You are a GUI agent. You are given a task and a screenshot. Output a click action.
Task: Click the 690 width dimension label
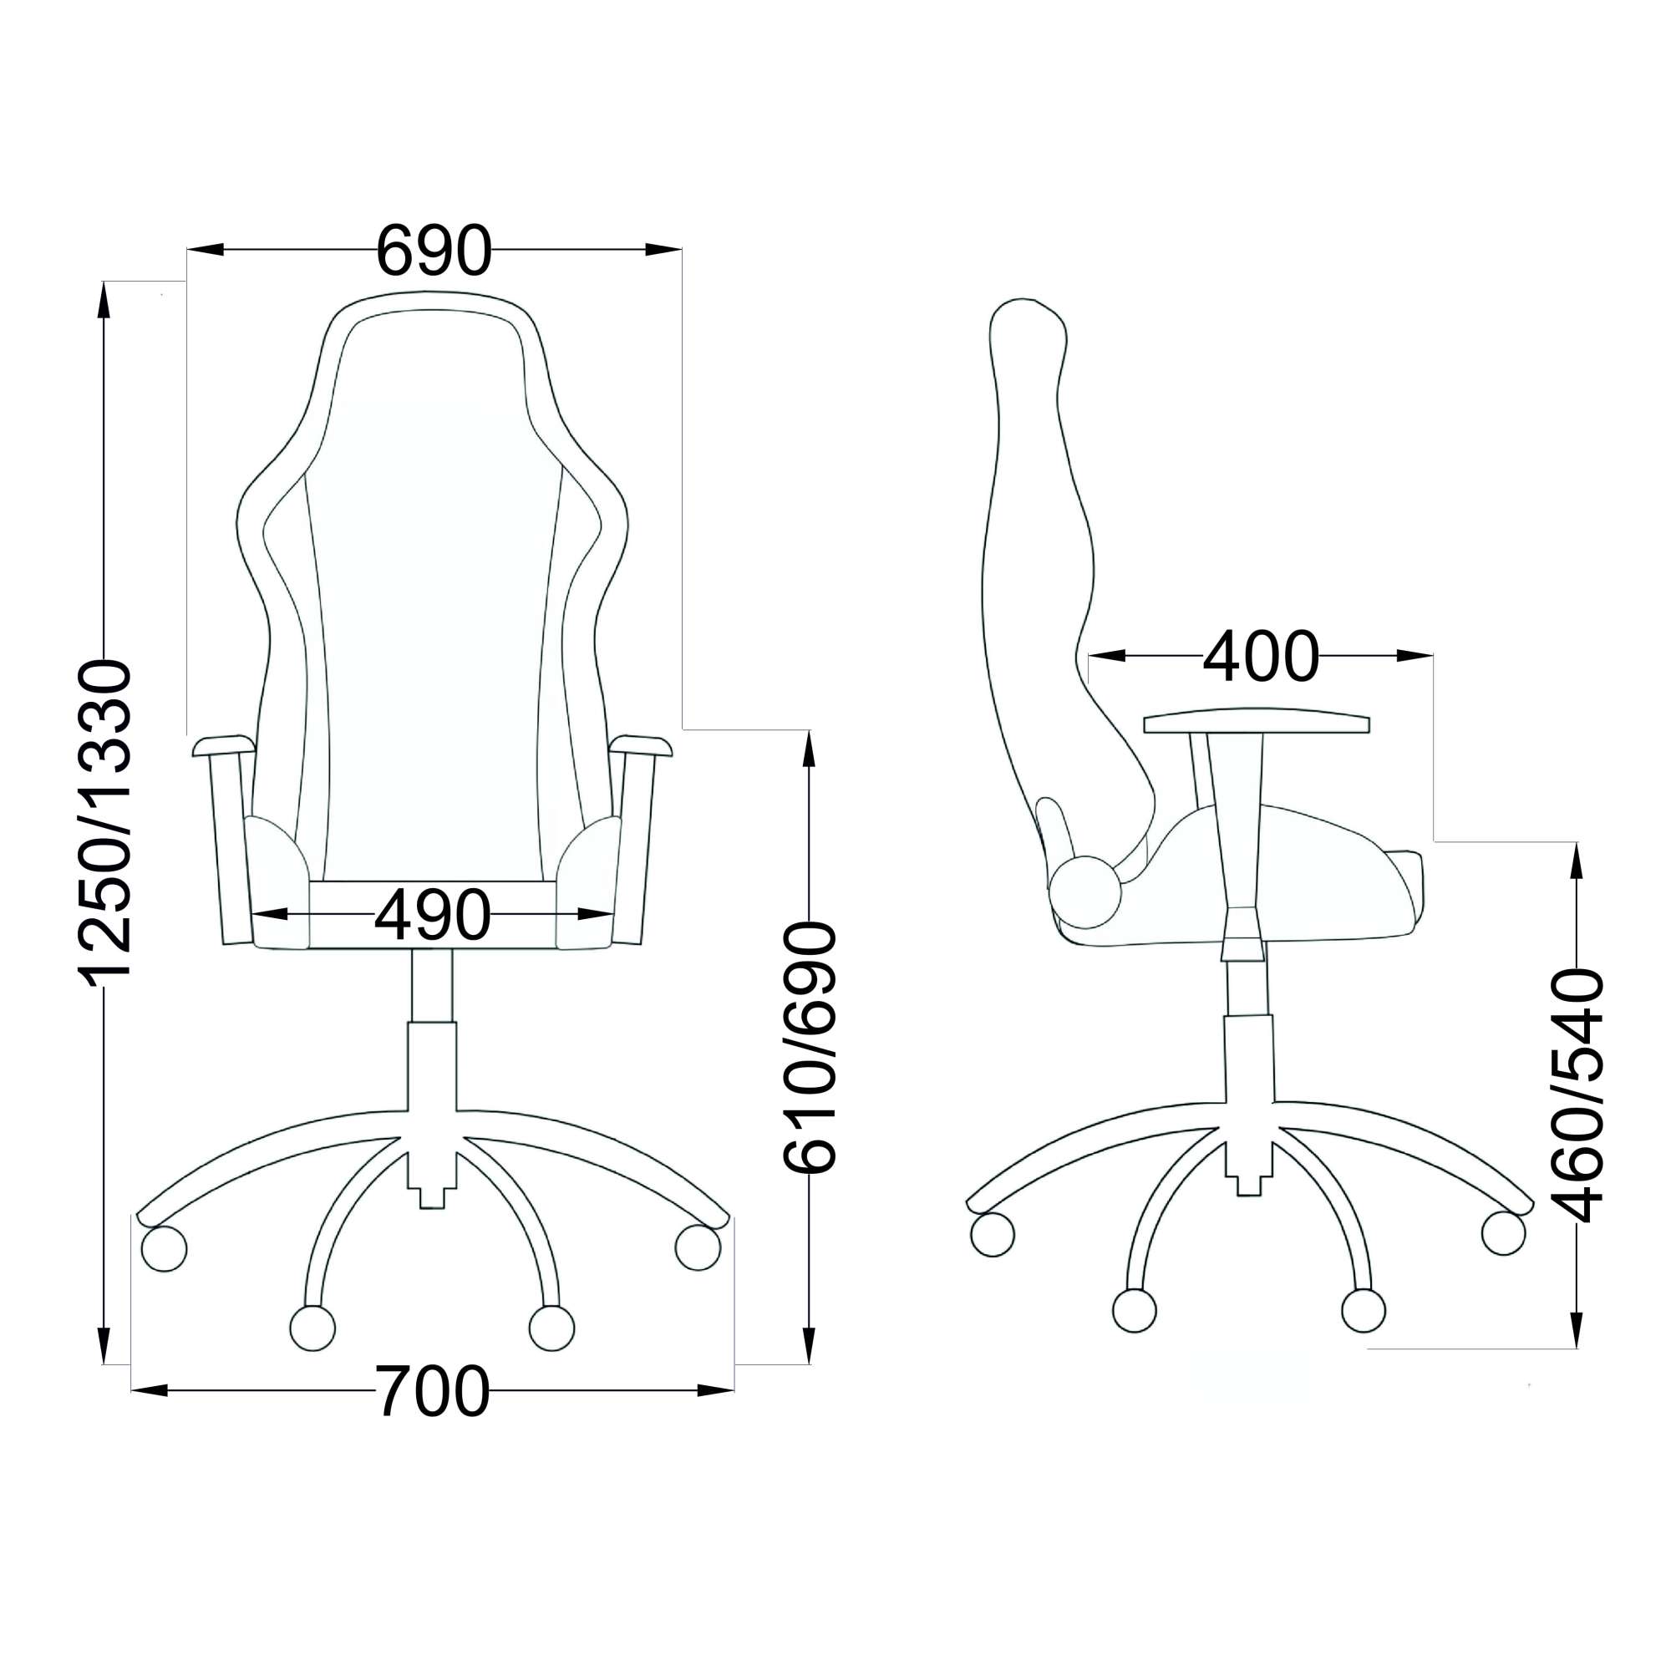coord(434,251)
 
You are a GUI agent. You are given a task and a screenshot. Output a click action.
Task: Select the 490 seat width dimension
coord(433,914)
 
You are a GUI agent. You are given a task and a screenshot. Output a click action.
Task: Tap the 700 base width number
coord(433,1391)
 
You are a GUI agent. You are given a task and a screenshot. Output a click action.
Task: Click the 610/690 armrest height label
coord(810,1049)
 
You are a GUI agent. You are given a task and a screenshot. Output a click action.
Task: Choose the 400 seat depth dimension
coord(1262,656)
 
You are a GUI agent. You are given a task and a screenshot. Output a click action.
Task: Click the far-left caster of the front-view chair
coord(164,1248)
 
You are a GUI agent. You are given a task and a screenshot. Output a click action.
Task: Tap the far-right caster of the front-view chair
coord(698,1248)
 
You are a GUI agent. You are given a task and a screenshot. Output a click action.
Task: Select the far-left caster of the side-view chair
coord(993,1234)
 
